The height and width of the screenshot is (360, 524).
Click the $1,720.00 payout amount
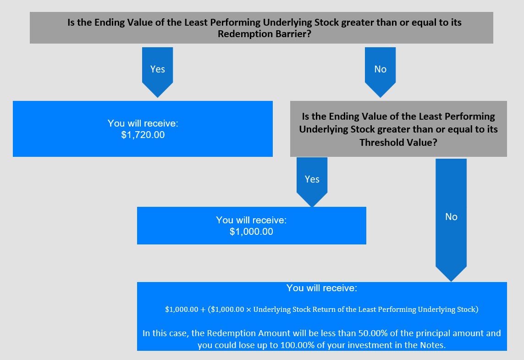[x=143, y=135]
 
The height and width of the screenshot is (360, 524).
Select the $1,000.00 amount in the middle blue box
[x=251, y=231]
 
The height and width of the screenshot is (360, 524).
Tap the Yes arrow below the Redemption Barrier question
[x=157, y=72]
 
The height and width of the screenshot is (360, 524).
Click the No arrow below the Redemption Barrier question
[x=381, y=72]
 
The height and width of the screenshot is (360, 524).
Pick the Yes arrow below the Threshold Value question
[x=312, y=182]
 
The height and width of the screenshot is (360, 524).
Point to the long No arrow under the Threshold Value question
[x=451, y=220]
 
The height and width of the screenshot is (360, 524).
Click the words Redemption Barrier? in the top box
[x=265, y=34]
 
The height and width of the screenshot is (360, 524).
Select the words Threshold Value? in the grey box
[x=398, y=143]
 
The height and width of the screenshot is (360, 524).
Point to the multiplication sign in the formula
[x=248, y=310]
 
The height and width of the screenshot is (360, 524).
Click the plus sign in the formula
[x=203, y=310]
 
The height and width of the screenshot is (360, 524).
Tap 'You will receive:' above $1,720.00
[x=143, y=123]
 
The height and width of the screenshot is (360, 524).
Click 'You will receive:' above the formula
[x=321, y=288]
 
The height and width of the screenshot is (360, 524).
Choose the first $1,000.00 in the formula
[x=182, y=310]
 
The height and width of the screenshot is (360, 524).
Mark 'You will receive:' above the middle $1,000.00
[x=251, y=220]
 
